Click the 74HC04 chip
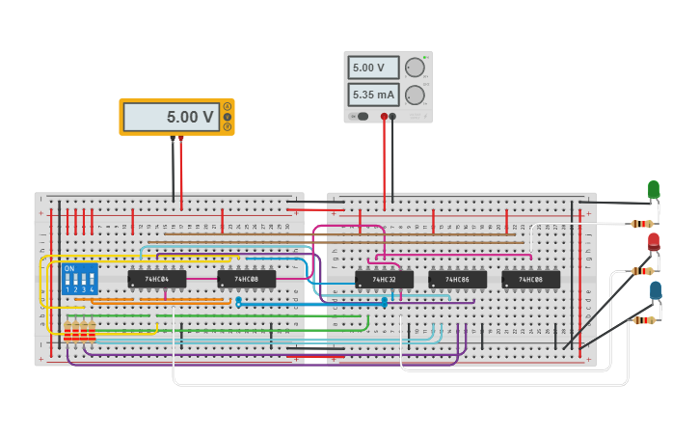point(156,279)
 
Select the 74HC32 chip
point(384,279)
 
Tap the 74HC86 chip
point(457,279)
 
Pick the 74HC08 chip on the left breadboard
point(246,279)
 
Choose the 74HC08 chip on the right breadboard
point(530,279)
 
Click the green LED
point(654,189)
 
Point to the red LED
point(654,241)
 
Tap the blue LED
point(656,290)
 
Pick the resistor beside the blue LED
point(643,320)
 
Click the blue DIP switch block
point(80,280)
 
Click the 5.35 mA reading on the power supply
point(373,95)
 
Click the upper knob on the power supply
point(415,68)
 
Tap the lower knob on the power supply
point(415,95)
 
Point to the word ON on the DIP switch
point(69,269)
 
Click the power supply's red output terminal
point(384,117)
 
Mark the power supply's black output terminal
point(392,117)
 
